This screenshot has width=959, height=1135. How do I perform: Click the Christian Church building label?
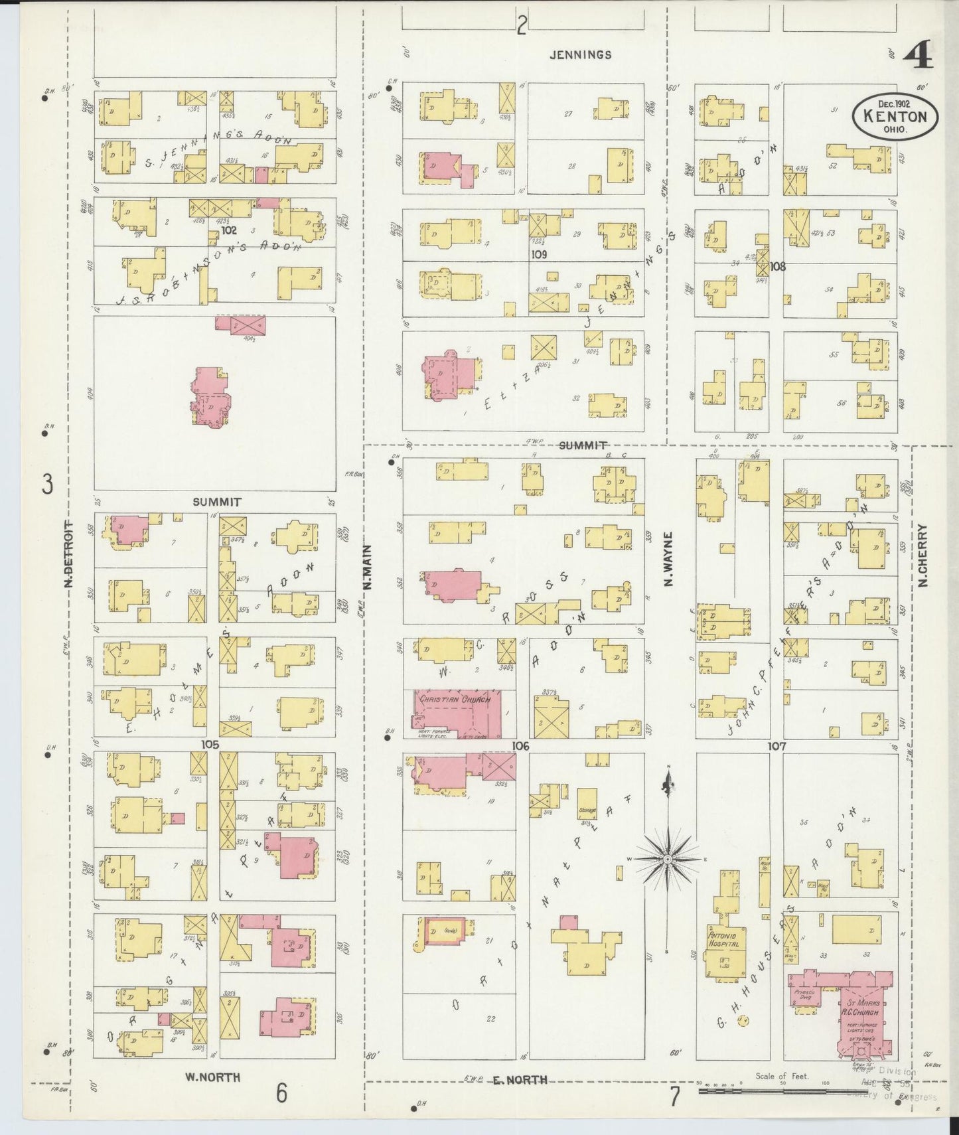tap(454, 700)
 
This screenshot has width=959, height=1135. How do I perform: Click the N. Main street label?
tap(368, 567)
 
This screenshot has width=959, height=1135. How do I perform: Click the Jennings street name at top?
tap(580, 55)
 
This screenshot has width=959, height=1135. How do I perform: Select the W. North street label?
tap(216, 1077)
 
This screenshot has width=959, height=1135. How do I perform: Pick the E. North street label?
tap(520, 1080)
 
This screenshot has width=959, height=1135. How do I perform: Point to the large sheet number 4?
tap(917, 58)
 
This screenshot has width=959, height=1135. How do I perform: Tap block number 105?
tap(210, 745)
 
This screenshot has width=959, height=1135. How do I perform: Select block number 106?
tap(520, 747)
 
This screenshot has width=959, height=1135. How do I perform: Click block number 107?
tap(776, 746)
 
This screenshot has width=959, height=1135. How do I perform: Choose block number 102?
tap(230, 231)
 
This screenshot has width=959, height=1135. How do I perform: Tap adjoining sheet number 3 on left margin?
tap(47, 485)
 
